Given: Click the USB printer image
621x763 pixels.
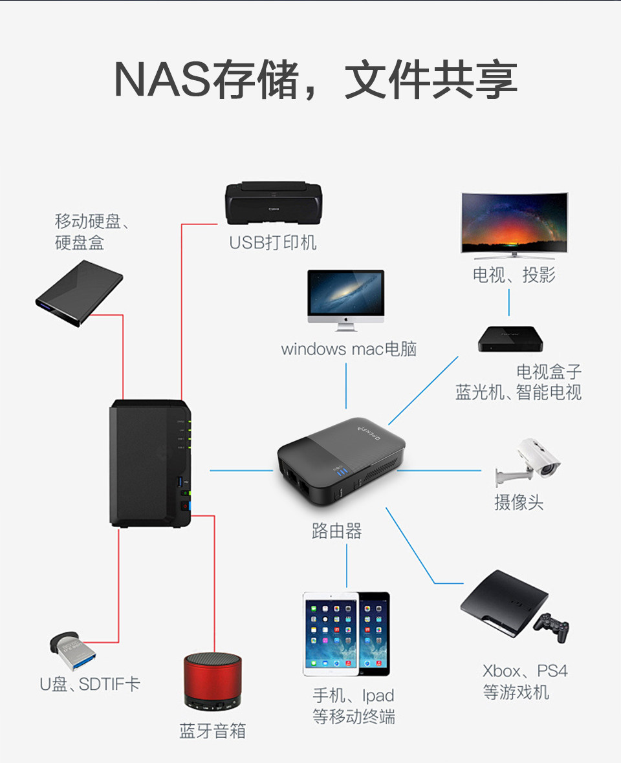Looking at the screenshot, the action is click(x=273, y=204).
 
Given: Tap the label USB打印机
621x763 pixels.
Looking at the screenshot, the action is click(x=273, y=242).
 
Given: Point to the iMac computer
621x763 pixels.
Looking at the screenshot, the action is click(x=345, y=296).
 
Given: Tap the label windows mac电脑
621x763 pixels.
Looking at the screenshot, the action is click(x=349, y=350).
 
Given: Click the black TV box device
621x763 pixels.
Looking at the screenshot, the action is click(x=510, y=339).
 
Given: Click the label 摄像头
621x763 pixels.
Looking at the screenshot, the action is click(x=519, y=502).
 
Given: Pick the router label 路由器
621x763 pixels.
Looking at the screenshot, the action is click(x=336, y=532).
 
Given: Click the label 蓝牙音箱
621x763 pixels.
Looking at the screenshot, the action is click(x=212, y=731).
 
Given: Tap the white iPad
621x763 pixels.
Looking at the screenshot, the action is click(x=330, y=633).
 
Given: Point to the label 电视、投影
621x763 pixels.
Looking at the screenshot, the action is click(x=514, y=275).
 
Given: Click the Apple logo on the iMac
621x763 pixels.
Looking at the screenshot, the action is click(x=345, y=319).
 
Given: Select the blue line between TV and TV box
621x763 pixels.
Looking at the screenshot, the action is click(x=509, y=302).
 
